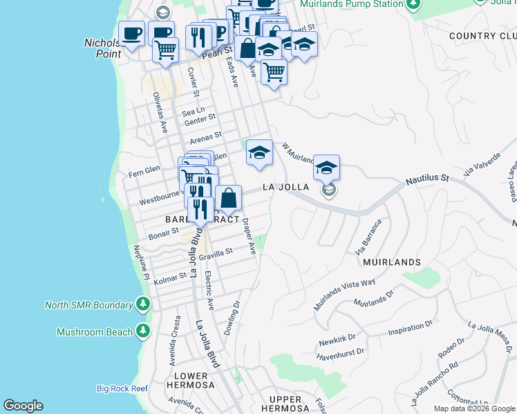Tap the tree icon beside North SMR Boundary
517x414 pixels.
(x=143, y=304)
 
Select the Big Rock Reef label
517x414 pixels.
(x=122, y=388)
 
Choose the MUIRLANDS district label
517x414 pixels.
(x=392, y=262)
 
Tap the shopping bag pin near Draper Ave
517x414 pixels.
(x=228, y=198)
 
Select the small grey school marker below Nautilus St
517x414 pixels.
(x=329, y=190)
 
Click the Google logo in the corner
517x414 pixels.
(x=23, y=406)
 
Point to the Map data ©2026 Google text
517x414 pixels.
(x=474, y=408)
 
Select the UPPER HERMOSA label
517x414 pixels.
(x=285, y=404)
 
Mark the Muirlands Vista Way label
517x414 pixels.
(x=345, y=289)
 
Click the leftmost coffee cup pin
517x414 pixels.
(x=131, y=32)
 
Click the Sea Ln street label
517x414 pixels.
(x=194, y=110)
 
